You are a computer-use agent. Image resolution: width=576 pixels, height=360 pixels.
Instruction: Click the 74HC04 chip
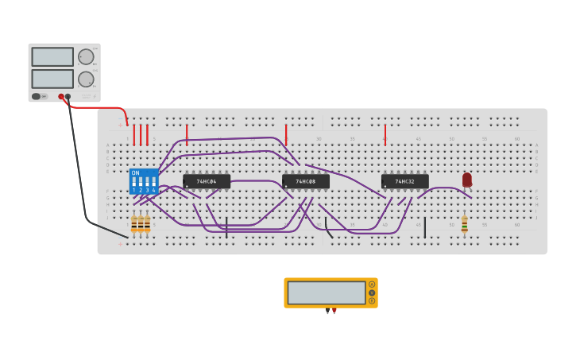[x=207, y=181]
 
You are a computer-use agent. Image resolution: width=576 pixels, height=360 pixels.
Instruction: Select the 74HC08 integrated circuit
[x=306, y=181]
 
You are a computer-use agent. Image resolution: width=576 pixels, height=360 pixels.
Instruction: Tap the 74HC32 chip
[x=404, y=181]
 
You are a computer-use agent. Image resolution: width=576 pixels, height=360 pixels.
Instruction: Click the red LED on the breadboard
[x=466, y=180]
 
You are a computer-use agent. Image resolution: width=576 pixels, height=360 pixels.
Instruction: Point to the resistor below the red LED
[x=465, y=224]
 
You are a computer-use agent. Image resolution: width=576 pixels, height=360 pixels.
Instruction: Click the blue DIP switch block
[x=143, y=181]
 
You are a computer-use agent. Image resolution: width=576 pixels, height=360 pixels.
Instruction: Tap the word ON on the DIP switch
[x=135, y=172]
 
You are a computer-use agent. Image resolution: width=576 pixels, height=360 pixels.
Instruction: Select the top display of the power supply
[x=52, y=56]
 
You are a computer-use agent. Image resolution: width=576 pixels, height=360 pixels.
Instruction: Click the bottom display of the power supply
[x=52, y=79]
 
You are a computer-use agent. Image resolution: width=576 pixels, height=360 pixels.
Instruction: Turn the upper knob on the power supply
[x=86, y=56]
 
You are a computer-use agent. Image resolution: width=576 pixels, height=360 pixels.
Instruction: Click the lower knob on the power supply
[x=86, y=79]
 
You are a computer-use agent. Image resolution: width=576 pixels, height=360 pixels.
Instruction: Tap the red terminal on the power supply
[x=61, y=96]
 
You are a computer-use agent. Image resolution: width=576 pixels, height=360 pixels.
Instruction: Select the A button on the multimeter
[x=371, y=285]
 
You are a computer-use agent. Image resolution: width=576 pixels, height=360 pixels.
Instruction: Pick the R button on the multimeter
[x=371, y=300]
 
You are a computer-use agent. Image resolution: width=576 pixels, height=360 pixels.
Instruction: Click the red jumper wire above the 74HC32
[x=385, y=134]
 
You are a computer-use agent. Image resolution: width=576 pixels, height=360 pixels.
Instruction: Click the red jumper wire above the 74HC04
[x=187, y=134]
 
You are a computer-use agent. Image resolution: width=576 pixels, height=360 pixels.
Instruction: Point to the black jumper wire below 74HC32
[x=424, y=227]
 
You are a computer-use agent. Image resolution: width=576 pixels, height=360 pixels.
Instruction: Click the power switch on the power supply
[x=37, y=96]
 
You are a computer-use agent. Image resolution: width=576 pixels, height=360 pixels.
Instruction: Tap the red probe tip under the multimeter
[x=334, y=311]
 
